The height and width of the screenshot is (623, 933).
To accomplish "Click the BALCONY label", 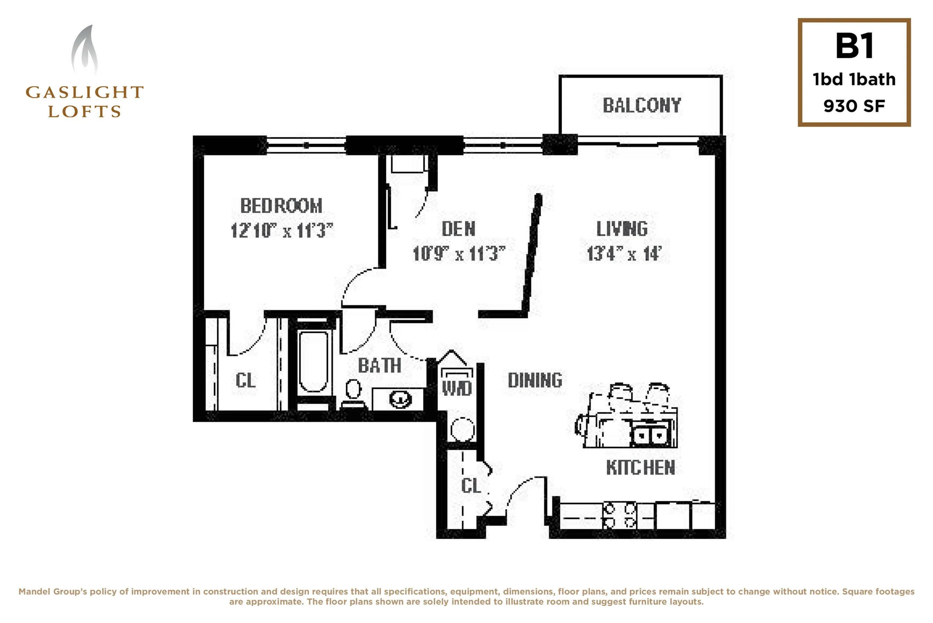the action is click(x=641, y=105).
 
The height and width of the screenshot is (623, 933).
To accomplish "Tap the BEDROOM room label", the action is click(x=281, y=206).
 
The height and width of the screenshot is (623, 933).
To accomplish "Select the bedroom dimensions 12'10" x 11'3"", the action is click(x=281, y=230).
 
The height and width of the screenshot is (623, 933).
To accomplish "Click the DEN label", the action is click(x=458, y=229).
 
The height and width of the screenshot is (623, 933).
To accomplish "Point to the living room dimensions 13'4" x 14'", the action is click(x=624, y=253).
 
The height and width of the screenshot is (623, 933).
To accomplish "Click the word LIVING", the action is click(x=622, y=228).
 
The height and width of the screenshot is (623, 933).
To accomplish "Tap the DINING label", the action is click(x=535, y=380).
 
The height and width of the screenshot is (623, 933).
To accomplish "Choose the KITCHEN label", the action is click(x=640, y=468).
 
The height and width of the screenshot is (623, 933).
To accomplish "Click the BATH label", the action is click(x=380, y=365).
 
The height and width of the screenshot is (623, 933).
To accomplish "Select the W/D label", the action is click(x=457, y=388).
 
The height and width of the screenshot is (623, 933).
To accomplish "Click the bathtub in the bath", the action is click(x=313, y=361).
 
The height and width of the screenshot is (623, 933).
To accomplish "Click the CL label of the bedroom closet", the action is click(x=245, y=380).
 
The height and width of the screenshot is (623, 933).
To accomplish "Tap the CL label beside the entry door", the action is click(x=471, y=486).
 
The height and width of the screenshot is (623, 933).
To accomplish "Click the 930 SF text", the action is click(x=854, y=106).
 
